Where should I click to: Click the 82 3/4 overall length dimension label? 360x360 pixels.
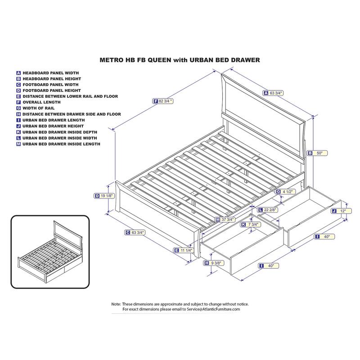click(x=163, y=101)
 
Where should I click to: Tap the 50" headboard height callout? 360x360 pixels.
click(x=318, y=153)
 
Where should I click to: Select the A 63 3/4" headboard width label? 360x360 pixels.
click(x=273, y=93)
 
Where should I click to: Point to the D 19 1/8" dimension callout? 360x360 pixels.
click(x=104, y=196)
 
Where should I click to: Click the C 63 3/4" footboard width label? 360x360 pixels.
click(x=135, y=232)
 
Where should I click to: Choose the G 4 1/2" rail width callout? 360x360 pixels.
click(x=285, y=192)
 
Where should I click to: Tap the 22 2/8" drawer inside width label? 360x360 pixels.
click(x=268, y=210)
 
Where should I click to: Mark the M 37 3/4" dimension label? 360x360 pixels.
click(x=225, y=220)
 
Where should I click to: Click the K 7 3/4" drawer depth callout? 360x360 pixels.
click(x=251, y=224)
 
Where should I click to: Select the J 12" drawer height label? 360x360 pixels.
click(x=342, y=211)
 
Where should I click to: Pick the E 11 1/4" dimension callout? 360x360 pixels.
click(x=184, y=250)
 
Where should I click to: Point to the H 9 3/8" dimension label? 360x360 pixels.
click(x=214, y=263)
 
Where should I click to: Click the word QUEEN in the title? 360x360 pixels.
click(x=159, y=60)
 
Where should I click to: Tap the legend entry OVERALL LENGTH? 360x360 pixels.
click(x=41, y=102)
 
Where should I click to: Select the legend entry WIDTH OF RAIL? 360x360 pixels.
click(x=39, y=108)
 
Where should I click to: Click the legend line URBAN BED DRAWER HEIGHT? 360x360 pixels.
click(x=53, y=126)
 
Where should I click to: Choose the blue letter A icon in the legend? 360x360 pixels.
click(x=18, y=73)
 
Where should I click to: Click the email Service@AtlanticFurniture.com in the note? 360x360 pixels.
click(x=213, y=309)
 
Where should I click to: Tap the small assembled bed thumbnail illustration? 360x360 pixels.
click(x=50, y=252)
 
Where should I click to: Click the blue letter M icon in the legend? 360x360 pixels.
click(x=18, y=144)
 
